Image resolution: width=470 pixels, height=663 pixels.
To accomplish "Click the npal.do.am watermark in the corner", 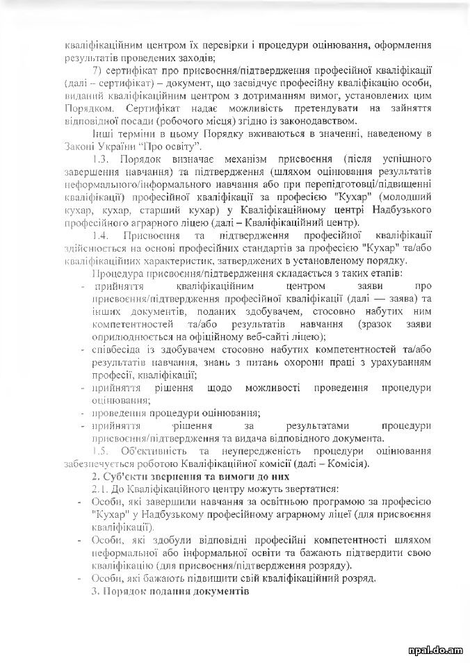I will click(436, 650).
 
